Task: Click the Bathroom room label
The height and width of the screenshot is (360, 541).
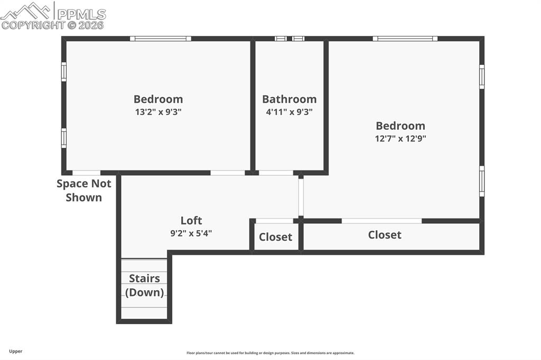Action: pos(289,99)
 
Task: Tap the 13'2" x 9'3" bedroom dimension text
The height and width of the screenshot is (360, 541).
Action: pos(158,112)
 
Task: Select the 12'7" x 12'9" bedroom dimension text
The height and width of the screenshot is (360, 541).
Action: pos(400,139)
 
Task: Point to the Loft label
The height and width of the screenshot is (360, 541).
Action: pos(191,221)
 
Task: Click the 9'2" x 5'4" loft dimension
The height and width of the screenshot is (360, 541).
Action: pos(191,233)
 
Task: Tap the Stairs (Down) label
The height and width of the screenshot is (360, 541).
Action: pos(144,285)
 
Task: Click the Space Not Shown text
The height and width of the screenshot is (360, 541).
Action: pos(84,191)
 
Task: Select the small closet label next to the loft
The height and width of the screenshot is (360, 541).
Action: pos(275,237)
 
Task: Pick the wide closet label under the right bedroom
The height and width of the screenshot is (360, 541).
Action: pos(385,235)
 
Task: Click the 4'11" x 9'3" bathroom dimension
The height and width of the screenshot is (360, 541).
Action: pos(289,112)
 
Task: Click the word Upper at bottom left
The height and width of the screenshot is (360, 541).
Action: pos(16,351)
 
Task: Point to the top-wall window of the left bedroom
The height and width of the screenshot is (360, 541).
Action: pos(161,39)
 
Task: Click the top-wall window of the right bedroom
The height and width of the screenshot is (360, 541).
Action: pos(405,39)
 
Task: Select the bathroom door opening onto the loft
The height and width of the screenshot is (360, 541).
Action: pos(276,173)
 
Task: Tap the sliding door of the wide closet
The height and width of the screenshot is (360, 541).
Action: pos(381,221)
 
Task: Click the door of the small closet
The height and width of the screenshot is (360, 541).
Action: pos(274,221)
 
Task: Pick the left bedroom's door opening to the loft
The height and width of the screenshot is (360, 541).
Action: pos(228,173)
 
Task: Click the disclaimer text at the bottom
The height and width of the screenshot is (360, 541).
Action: pos(270,353)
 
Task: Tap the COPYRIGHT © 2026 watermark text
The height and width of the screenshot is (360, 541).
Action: pos(53,25)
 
